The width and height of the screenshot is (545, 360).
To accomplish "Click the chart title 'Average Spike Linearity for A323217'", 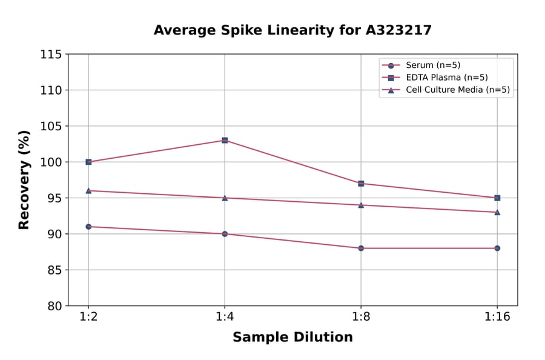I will click(292, 30).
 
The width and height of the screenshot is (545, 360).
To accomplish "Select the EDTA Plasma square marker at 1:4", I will click(225, 141).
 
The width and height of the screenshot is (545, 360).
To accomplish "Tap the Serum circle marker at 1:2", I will click(88, 227).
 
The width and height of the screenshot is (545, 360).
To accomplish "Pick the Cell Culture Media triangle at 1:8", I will click(361, 205).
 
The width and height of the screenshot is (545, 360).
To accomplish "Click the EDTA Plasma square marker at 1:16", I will click(497, 198).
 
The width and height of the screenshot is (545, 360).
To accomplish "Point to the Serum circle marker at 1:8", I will click(361, 248).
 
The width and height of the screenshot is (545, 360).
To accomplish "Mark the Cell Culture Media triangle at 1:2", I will click(88, 190).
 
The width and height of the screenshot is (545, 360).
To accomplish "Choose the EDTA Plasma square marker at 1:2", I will click(88, 162).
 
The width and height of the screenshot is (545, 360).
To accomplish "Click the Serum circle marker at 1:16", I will click(497, 248).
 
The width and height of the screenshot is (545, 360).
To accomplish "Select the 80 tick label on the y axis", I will click(54, 306).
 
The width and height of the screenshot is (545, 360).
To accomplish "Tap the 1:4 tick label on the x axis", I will click(225, 317).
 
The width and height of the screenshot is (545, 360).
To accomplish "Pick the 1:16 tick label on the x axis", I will click(497, 317).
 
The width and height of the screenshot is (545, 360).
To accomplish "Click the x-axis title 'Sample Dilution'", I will click(292, 338).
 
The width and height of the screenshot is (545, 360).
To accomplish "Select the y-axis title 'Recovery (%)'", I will click(24, 180).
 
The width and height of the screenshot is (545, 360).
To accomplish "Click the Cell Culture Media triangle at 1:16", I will click(497, 212).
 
